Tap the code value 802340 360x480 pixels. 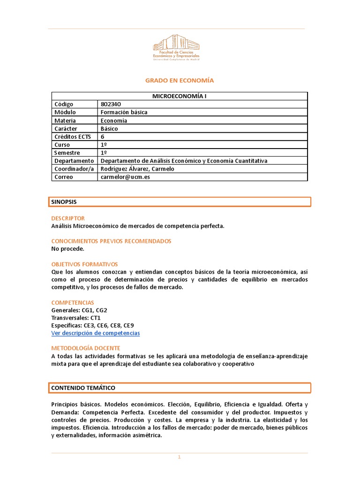(x=110, y=104)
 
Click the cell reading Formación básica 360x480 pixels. (x=124, y=112)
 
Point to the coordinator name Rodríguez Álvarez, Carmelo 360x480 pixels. (x=137, y=169)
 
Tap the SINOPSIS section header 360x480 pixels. (x=64, y=202)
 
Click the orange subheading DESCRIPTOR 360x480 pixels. (x=68, y=218)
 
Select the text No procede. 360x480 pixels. (x=67, y=249)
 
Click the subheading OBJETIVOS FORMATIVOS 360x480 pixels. (x=84, y=264)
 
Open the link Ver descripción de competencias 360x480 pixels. (x=95, y=333)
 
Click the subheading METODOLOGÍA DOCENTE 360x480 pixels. (x=85, y=348)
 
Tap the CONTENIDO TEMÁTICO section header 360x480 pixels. (x=83, y=388)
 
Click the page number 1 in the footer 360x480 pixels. (x=179, y=457)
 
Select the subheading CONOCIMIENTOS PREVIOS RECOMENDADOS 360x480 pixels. (x=111, y=241)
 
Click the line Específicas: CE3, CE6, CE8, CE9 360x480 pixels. (x=95, y=325)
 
